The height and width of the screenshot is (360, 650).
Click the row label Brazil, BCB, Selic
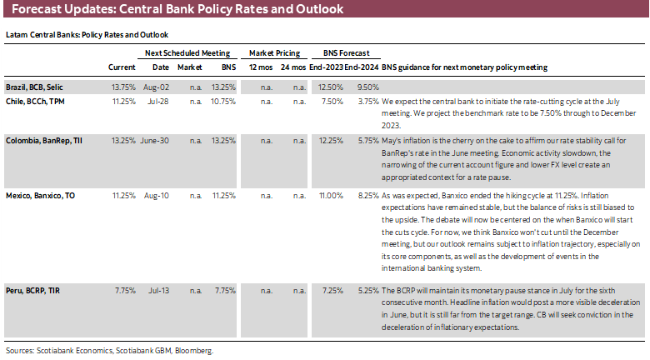tap(37, 86)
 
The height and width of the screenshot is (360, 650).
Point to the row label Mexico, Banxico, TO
tap(41, 195)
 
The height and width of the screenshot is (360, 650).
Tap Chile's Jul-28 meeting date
tap(162, 100)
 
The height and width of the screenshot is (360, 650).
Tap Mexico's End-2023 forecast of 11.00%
tap(331, 195)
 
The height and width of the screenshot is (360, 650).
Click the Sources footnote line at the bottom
tap(109, 351)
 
